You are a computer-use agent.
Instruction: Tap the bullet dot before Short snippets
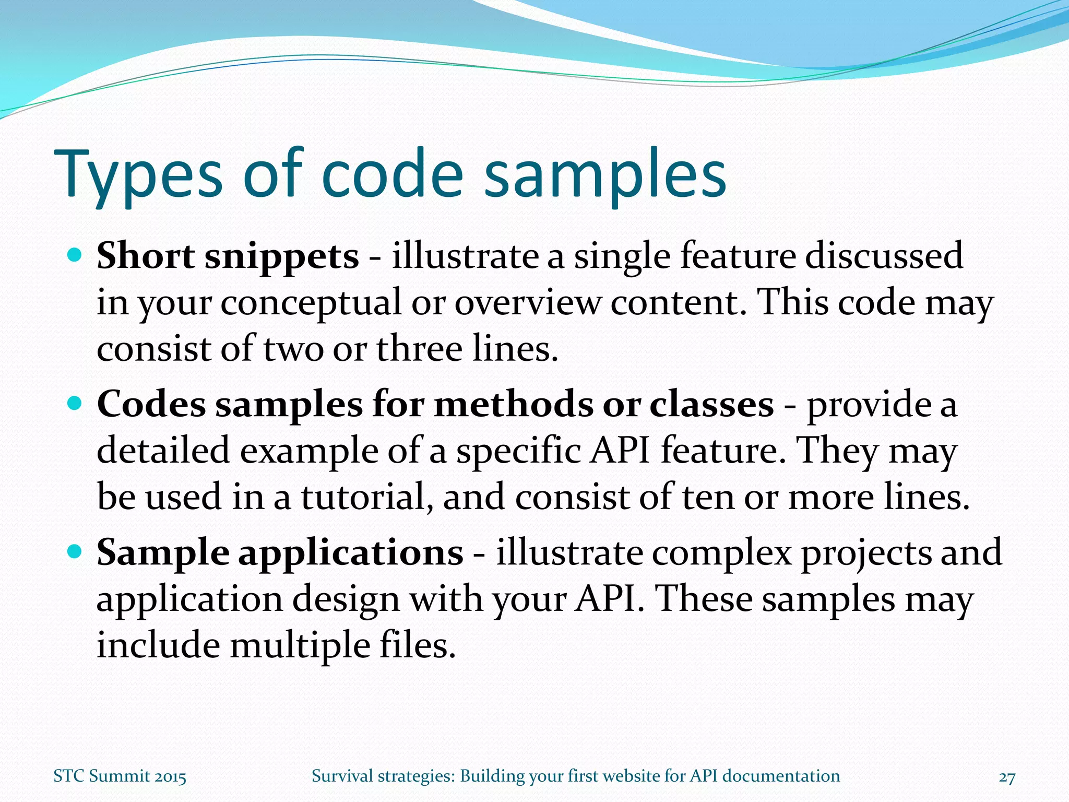coord(75,255)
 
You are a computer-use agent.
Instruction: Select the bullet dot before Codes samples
coord(75,403)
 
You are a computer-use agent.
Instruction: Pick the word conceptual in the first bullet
coord(311,303)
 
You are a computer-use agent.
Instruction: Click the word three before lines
coord(419,348)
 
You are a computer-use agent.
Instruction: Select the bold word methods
coord(513,405)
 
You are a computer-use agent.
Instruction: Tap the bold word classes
coord(711,405)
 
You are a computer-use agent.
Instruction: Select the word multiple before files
coord(299,646)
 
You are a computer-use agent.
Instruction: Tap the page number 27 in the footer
coord(1006,777)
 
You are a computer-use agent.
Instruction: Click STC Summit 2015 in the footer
coord(120,776)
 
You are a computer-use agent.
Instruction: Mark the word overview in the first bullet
coord(527,303)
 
